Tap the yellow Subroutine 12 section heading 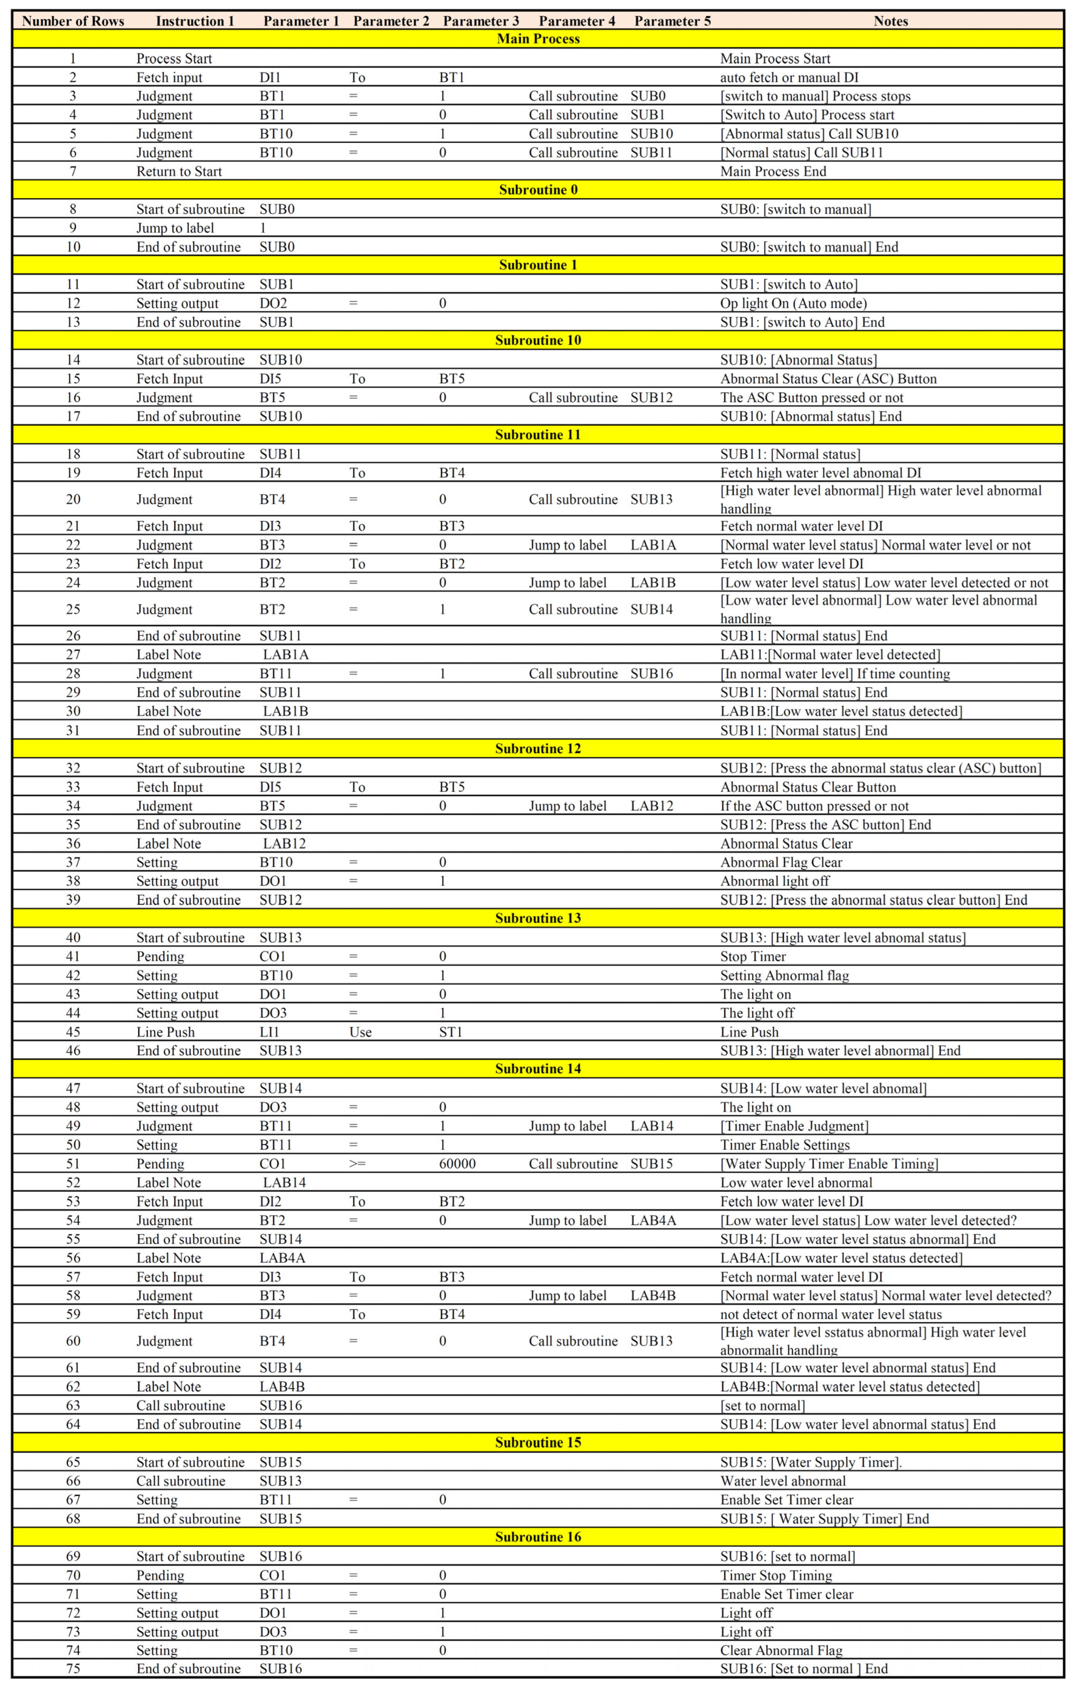pos(538,749)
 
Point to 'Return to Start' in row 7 pos(179,171)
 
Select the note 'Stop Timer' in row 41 pos(753,957)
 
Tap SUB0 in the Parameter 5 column pos(647,96)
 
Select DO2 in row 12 pos(273,304)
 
